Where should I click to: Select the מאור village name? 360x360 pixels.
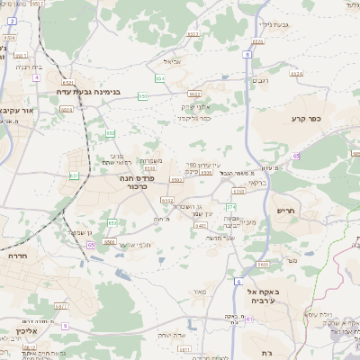(200, 291)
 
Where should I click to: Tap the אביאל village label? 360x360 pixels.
(174, 62)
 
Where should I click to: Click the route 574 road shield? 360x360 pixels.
(231, 207)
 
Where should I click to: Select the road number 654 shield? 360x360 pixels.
(159, 78)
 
